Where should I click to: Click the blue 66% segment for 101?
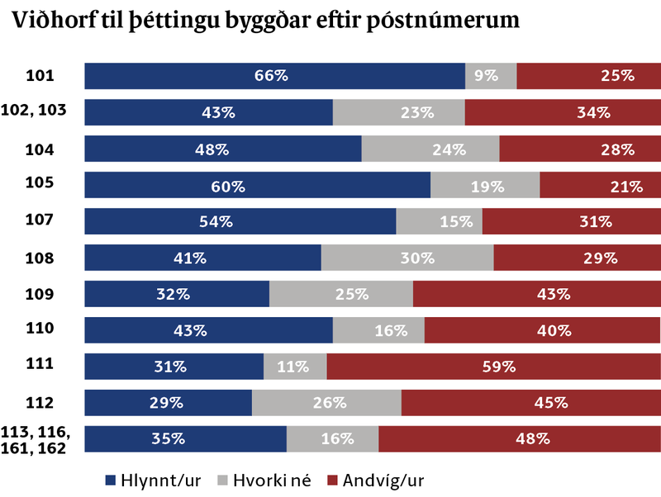(275, 76)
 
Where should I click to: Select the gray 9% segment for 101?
(491, 76)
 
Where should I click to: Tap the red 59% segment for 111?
(493, 367)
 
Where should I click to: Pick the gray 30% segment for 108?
(407, 258)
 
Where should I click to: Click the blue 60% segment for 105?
(258, 185)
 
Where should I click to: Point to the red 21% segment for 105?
(601, 185)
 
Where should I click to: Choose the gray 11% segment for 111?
(295, 367)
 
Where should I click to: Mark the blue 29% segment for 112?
(169, 403)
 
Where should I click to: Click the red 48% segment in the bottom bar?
(520, 439)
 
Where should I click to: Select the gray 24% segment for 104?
(430, 149)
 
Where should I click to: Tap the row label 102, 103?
(34, 110)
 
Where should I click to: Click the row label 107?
(40, 220)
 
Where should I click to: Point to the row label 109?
(40, 294)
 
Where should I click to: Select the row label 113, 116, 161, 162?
(35, 440)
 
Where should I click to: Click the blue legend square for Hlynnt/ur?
(111, 480)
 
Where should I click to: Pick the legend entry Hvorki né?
(264, 480)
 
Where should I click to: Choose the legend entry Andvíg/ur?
(376, 480)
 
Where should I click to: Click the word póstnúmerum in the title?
(443, 20)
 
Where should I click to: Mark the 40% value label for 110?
(554, 330)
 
